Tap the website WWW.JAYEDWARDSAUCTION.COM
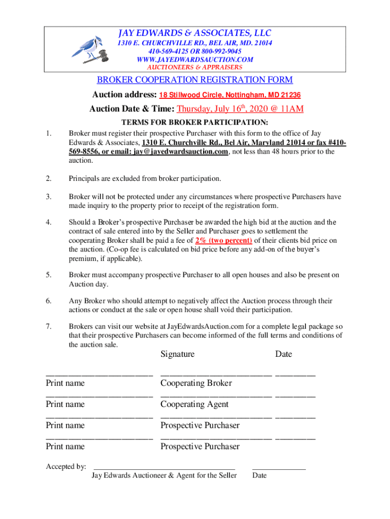[195, 59]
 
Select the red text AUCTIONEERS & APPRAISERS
[195, 67]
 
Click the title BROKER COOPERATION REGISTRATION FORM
[195, 80]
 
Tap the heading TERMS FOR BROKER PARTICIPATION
[195, 122]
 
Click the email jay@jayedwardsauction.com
[181, 152]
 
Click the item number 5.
[49, 275]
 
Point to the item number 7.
[49, 326]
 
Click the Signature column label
[177, 354]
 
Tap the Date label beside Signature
[284, 354]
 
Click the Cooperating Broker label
[196, 383]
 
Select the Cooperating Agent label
[194, 404]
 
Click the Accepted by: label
[66, 466]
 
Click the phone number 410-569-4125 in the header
[166, 51]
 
